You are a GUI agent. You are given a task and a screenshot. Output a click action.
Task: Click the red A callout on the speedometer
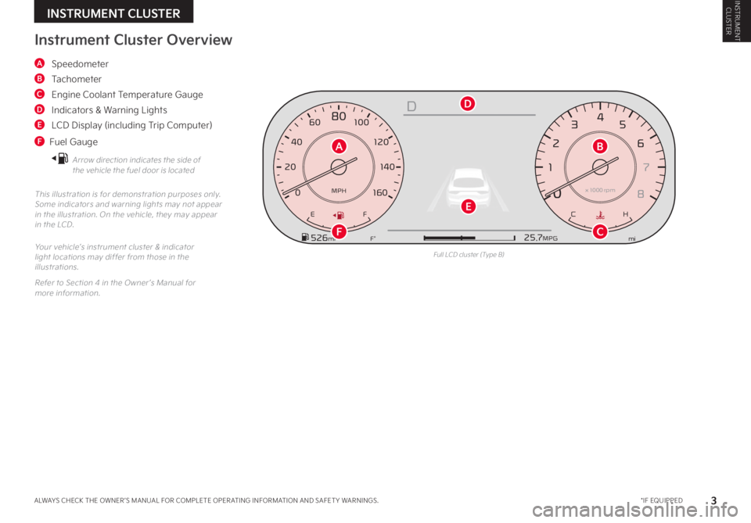coord(338,145)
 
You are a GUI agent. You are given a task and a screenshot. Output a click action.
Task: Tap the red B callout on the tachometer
coord(600,145)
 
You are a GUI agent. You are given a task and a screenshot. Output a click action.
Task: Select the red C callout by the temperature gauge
coord(600,231)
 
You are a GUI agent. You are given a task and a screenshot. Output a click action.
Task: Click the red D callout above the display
coord(467,103)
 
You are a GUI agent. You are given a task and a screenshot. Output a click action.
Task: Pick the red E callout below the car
coord(468,206)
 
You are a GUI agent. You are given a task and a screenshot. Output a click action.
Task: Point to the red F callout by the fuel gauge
coord(338,231)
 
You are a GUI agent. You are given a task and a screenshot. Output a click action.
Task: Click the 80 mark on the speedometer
coord(339,116)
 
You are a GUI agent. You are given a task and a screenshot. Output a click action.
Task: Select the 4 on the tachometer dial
coord(600,117)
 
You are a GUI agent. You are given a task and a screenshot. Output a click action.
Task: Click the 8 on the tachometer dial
coord(641,194)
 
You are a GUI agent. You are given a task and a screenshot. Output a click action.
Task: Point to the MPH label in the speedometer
coord(339,190)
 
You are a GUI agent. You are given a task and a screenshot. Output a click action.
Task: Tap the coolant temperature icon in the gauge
coord(600,214)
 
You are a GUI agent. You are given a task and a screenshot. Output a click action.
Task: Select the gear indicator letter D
coord(411,106)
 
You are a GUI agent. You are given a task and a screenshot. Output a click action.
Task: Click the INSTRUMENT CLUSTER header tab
coord(113,13)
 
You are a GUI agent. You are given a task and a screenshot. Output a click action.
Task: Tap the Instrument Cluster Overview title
coord(133,40)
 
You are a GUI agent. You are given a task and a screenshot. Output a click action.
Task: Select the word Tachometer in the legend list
coord(76,78)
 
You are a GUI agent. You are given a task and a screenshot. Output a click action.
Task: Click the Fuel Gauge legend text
coord(74,141)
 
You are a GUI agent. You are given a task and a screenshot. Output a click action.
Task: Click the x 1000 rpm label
coord(600,190)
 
